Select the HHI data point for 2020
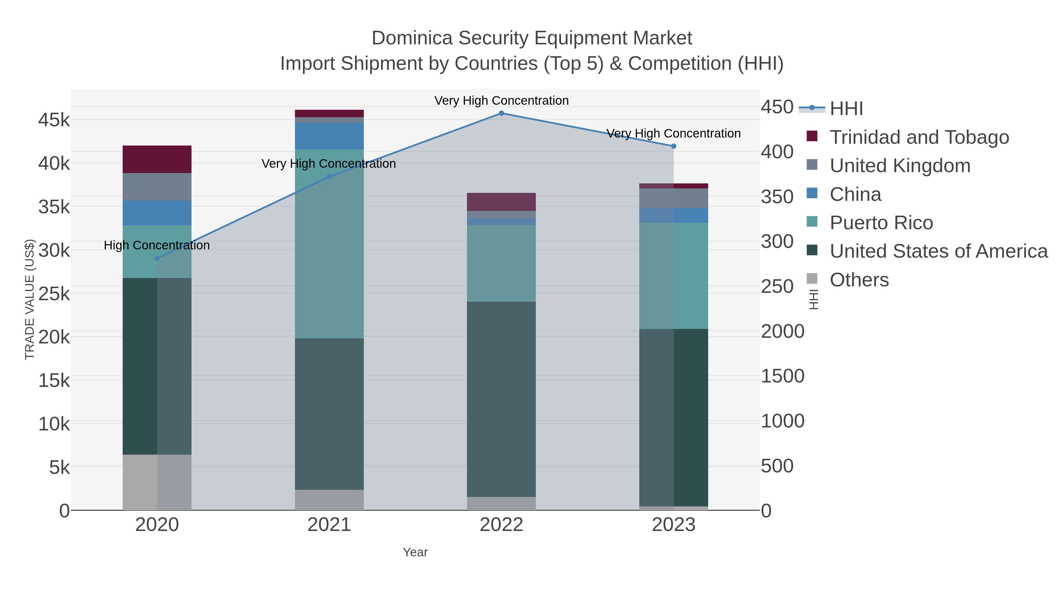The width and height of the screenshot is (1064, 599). click(157, 258)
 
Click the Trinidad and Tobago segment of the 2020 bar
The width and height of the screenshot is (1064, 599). click(157, 159)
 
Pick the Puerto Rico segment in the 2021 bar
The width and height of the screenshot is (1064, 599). click(329, 244)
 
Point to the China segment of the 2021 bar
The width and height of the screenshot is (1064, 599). click(329, 136)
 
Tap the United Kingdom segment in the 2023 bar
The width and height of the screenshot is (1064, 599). click(673, 198)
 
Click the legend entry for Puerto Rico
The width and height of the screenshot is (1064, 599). click(881, 223)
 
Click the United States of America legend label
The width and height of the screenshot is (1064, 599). click(938, 251)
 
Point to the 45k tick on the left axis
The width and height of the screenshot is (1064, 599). click(54, 120)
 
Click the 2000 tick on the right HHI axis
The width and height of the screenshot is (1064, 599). click(782, 332)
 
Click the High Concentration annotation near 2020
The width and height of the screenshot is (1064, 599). click(157, 246)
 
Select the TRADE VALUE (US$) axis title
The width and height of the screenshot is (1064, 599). click(30, 299)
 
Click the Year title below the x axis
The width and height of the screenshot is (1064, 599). click(415, 552)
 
